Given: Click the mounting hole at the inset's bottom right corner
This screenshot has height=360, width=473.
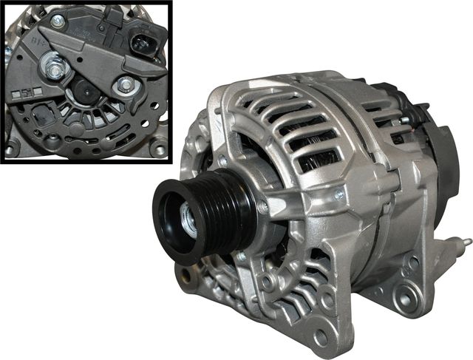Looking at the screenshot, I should (x=156, y=149).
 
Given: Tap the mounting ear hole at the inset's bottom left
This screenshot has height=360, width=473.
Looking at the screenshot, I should (x=10, y=149).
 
